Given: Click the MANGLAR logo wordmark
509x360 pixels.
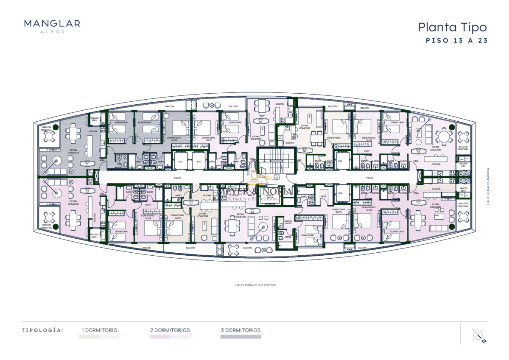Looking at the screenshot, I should click(x=52, y=24).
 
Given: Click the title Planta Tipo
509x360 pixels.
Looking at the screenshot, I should click(x=452, y=27).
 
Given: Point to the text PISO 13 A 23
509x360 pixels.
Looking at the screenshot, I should click(x=456, y=41).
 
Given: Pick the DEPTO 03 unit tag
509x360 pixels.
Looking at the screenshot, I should click(x=191, y=203).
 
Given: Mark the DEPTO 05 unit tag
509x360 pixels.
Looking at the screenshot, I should click(x=261, y=121).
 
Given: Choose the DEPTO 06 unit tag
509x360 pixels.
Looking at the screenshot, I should click(x=305, y=151).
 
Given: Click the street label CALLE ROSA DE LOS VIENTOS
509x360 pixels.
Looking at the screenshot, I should click(x=255, y=285).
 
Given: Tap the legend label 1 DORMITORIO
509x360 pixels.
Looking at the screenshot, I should click(x=100, y=330).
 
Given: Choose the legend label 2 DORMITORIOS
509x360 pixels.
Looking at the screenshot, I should click(x=170, y=330).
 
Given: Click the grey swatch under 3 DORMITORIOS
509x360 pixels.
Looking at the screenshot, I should click(x=241, y=337).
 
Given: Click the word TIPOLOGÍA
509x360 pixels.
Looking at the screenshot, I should click(x=42, y=330).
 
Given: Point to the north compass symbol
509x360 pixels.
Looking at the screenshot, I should click(x=478, y=335).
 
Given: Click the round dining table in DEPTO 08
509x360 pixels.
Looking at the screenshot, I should click(x=444, y=137).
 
